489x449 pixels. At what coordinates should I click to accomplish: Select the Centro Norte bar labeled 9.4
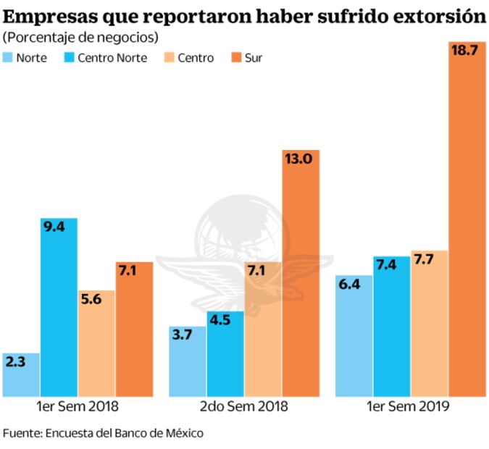click(59, 308)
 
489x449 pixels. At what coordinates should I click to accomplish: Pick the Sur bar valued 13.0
click(301, 275)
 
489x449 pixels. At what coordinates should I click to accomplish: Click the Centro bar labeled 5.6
click(96, 344)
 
